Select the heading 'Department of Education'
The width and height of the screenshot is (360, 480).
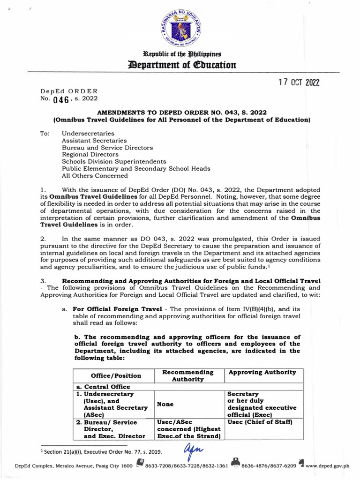180,65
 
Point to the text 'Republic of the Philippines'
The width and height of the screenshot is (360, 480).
180,54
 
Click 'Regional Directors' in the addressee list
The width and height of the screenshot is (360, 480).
90,154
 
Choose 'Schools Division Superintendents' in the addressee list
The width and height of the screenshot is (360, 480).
114,161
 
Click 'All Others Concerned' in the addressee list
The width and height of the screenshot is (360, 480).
95,176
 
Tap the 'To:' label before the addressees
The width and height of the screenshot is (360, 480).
45,133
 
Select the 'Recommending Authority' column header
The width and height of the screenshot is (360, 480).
187,375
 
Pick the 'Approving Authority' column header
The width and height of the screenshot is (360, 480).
262,372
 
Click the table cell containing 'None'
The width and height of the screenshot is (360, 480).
165,405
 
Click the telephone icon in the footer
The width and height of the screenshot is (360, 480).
139,464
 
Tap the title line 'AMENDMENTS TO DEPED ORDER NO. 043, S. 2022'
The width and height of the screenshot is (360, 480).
182,113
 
